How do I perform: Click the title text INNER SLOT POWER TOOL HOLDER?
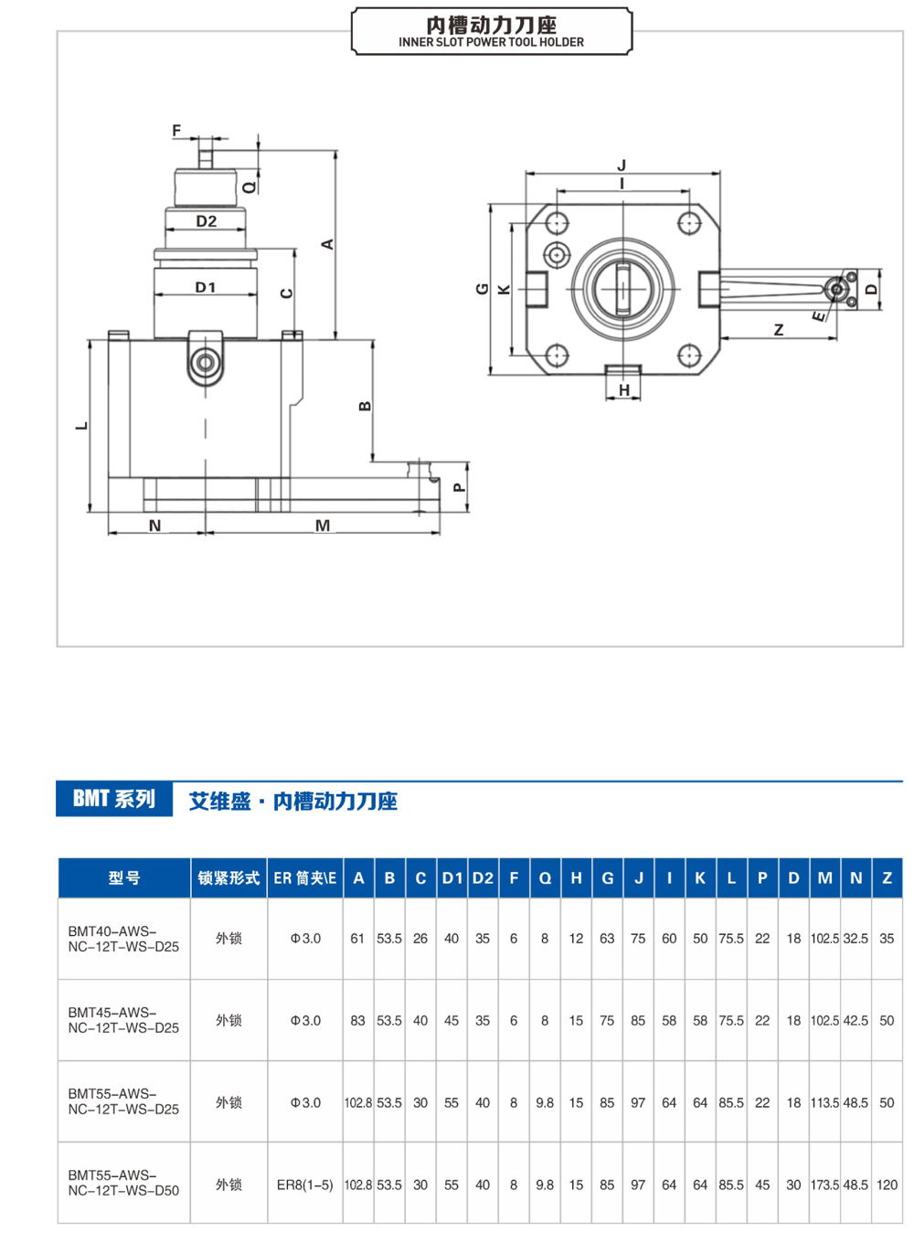pos(491,42)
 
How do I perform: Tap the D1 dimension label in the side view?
pos(206,287)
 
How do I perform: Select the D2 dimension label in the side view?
pos(206,221)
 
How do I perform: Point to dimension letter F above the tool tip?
pos(176,131)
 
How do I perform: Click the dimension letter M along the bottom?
pos(323,526)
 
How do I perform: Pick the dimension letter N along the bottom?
pos(154,526)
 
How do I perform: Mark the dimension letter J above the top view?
pos(622,165)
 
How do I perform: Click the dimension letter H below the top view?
pos(624,390)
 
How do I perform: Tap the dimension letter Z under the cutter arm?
pos(779,330)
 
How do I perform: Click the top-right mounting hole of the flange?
pos(688,223)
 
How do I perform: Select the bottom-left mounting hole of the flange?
pos(556,355)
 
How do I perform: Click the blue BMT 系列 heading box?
pos(114,799)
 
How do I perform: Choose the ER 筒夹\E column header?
pos(304,878)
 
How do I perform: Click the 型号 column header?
pos(124,878)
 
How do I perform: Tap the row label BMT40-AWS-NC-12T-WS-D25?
pos(123,939)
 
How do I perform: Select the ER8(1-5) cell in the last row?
pos(304,1185)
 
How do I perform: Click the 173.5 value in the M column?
pos(824,1185)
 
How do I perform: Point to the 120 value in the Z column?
pos(887,1185)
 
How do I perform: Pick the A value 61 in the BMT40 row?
pos(357,939)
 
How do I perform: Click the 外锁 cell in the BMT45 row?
pos(228,1020)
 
